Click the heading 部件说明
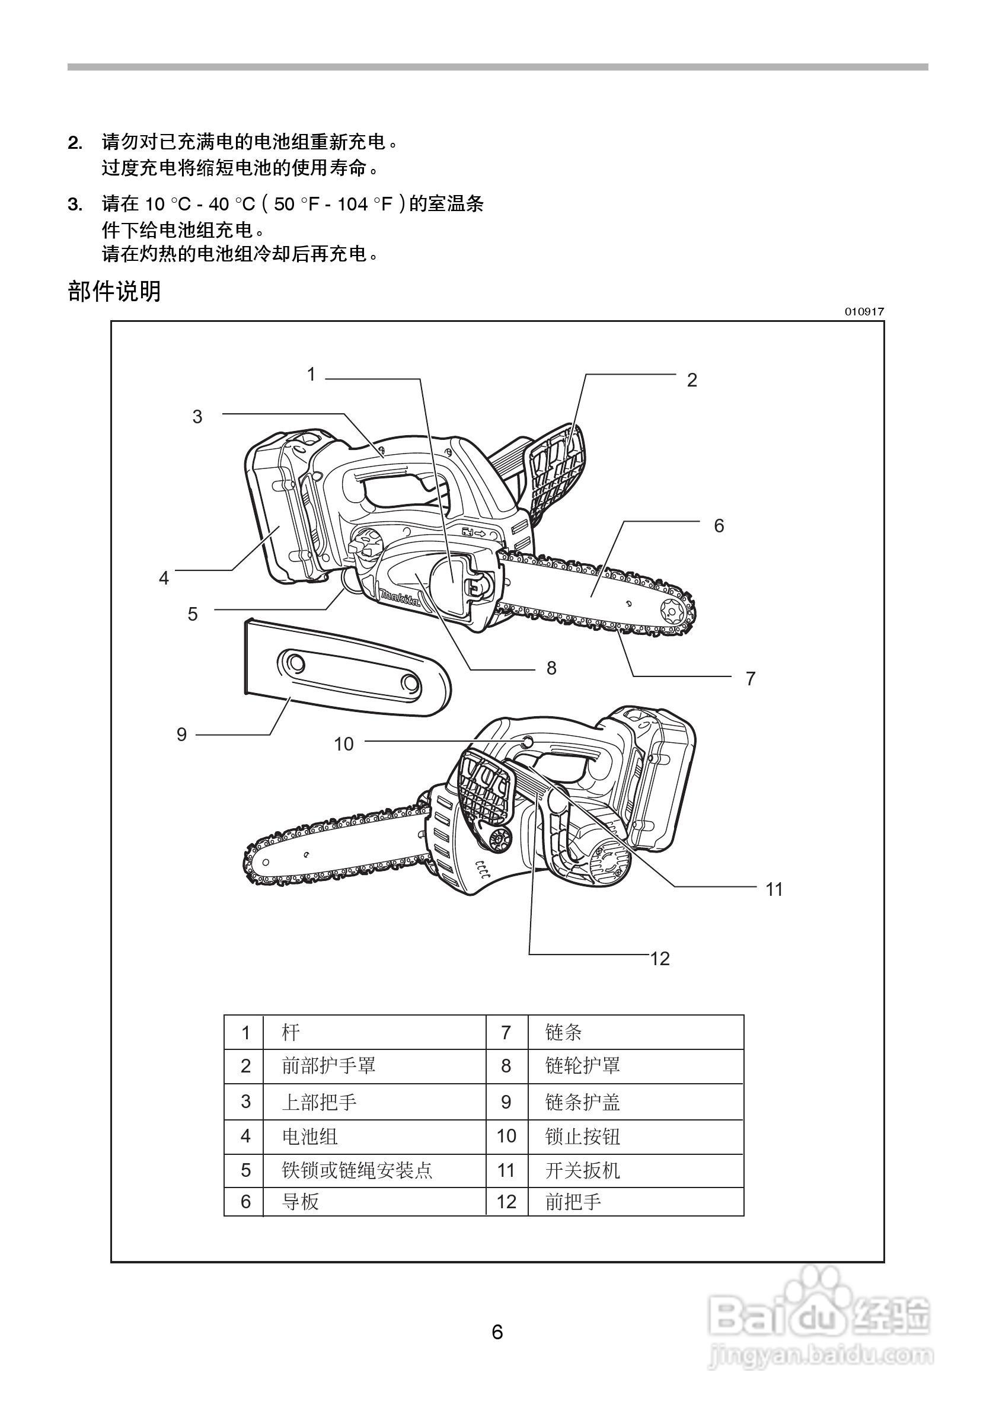pyautogui.click(x=114, y=291)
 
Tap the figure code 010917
pyautogui.click(x=864, y=312)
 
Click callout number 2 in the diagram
pyautogui.click(x=692, y=381)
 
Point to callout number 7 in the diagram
pyautogui.click(x=750, y=679)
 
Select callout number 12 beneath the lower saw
pyautogui.click(x=660, y=959)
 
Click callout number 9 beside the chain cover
pyautogui.click(x=181, y=735)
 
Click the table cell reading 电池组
pyautogui.click(x=309, y=1137)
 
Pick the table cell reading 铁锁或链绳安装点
pyautogui.click(x=357, y=1171)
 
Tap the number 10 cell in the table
pyautogui.click(x=506, y=1137)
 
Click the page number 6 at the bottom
pyautogui.click(x=497, y=1332)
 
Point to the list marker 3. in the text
pyautogui.click(x=75, y=205)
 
